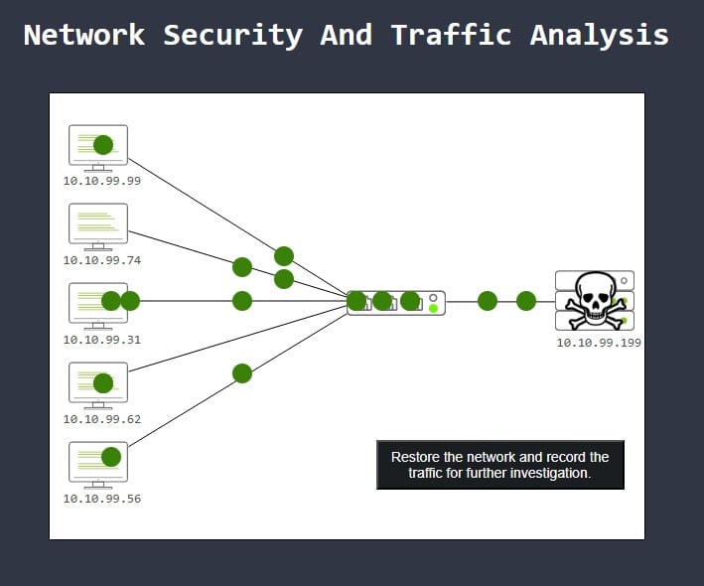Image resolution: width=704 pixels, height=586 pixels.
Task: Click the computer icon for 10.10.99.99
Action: click(98, 147)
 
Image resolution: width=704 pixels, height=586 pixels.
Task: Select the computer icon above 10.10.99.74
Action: click(98, 225)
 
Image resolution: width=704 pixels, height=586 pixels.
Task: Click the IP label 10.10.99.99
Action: click(102, 181)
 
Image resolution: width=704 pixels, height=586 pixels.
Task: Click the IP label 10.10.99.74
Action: click(102, 260)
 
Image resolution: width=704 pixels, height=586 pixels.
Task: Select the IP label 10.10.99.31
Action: click(102, 340)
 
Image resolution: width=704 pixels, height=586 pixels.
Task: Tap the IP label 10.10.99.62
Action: click(102, 419)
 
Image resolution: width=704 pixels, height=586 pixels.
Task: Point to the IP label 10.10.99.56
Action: click(102, 499)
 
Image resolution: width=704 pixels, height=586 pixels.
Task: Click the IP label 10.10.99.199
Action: click(599, 343)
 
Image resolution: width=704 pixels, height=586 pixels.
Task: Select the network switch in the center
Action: click(396, 302)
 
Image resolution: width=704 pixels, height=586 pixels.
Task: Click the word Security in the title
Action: click(232, 35)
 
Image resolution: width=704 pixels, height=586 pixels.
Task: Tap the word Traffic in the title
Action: click(451, 35)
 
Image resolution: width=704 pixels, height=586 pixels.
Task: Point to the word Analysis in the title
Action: click(599, 35)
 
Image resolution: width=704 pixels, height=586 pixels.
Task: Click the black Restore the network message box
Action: click(500, 465)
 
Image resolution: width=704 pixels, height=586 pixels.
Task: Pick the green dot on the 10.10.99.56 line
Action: click(242, 373)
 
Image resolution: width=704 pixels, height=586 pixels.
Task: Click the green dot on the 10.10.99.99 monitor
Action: click(103, 145)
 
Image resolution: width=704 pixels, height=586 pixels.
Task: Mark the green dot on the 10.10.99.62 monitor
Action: click(103, 382)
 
